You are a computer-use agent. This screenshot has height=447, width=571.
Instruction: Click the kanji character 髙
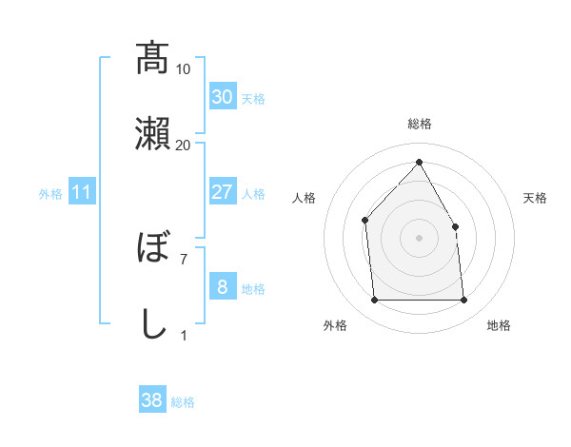[152, 58]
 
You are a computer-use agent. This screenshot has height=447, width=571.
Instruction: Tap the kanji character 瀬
[152, 132]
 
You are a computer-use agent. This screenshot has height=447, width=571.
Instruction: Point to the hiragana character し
[152, 323]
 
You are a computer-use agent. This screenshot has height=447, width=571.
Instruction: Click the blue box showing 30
[222, 97]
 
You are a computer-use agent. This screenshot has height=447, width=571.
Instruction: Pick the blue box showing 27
[222, 192]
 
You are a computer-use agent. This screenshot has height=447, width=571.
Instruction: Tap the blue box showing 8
[222, 287]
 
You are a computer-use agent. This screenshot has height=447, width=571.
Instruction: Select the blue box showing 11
[82, 192]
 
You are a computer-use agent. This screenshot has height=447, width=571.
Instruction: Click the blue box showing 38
[152, 400]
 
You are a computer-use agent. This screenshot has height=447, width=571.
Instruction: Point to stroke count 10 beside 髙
[183, 68]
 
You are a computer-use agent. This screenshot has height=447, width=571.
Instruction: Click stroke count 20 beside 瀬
[183, 145]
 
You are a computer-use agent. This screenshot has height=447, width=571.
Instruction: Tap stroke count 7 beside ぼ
[183, 258]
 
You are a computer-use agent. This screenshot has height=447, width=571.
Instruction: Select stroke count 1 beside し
[183, 335]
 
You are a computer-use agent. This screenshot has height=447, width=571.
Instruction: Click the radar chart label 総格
[419, 124]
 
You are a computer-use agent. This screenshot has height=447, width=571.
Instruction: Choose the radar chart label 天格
[535, 198]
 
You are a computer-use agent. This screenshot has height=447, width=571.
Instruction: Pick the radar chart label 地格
[499, 325]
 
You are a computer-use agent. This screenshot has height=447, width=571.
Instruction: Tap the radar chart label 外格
[335, 325]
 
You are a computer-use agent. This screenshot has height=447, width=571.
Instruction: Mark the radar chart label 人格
[305, 198]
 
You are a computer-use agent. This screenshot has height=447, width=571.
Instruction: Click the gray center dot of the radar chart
[419, 237]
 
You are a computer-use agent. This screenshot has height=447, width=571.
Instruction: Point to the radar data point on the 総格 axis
[419, 162]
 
